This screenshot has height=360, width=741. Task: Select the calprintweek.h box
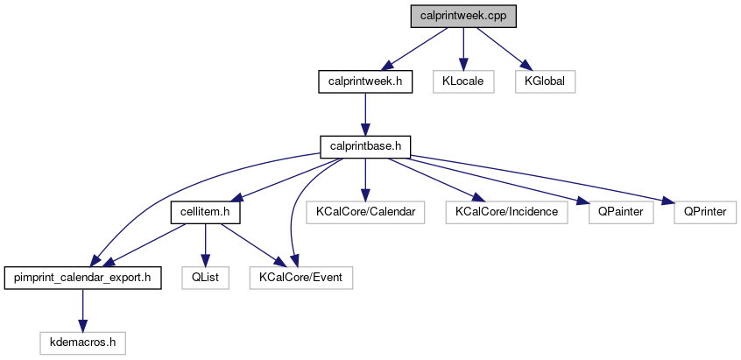365,81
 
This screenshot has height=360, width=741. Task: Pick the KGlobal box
545,81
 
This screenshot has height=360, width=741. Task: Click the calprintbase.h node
365,146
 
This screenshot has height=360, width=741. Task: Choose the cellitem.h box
205,211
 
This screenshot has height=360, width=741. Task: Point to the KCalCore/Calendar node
365,211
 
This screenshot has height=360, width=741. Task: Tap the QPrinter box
705,211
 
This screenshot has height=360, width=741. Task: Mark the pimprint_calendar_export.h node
82,278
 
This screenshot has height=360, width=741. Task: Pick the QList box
205,278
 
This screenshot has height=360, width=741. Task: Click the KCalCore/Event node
301,278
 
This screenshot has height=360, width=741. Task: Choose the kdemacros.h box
82,342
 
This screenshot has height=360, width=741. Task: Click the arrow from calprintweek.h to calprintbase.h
365,114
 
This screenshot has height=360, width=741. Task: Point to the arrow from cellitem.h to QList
205,244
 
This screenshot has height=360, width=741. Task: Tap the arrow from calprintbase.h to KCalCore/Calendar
365,179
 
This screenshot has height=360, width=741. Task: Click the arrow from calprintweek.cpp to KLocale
457,49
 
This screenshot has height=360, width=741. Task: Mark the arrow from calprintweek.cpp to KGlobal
496,47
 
